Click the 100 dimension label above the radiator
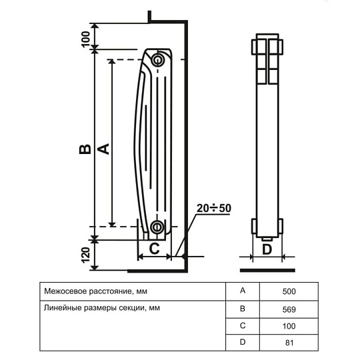[x=85, y=39]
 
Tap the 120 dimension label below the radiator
[x=85, y=255]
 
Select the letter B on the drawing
[x=85, y=149]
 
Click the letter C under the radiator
[x=154, y=248]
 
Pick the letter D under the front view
[x=267, y=249]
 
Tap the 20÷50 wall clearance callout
[x=214, y=208]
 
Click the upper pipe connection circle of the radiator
[x=158, y=60]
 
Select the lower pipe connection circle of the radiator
[x=157, y=227]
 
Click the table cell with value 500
[x=289, y=291]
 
